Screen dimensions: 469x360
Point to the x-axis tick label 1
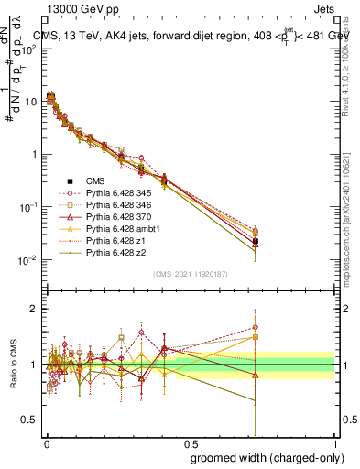pos(335,442)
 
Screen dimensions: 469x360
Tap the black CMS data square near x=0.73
pos(256,242)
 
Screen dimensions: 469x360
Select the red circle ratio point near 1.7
pos(256,326)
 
